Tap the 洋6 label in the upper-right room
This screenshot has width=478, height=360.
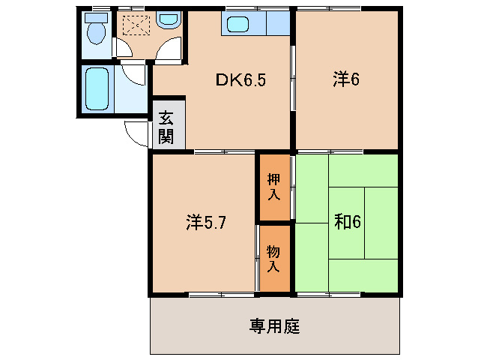(346, 79)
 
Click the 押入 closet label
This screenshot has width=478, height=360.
(274, 187)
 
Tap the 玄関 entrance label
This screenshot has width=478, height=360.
(166, 127)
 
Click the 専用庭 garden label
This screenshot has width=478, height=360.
(274, 327)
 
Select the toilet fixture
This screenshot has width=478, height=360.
(95, 32)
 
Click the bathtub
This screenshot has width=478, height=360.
(97, 88)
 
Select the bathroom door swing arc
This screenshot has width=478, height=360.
(135, 75)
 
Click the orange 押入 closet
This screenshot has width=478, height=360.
(274, 187)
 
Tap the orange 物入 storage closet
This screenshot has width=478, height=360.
(274, 259)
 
